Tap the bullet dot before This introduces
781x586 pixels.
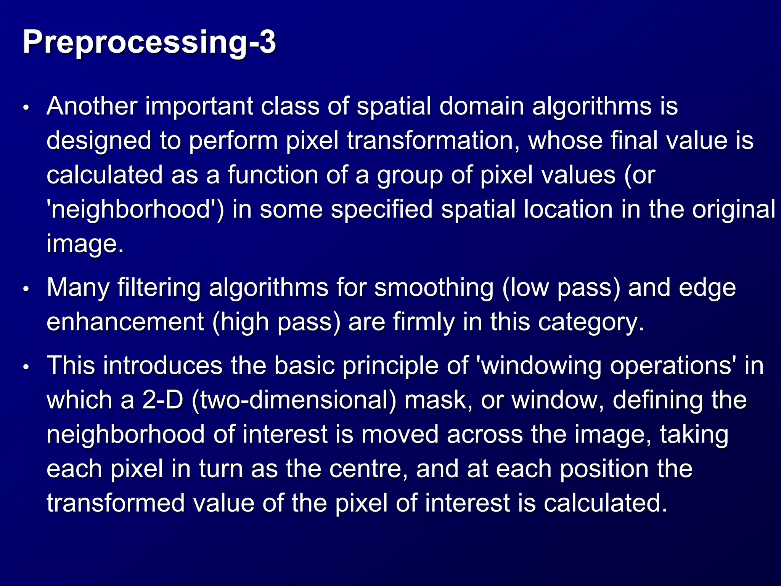pos(26,367)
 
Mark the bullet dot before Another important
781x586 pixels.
pos(26,108)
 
